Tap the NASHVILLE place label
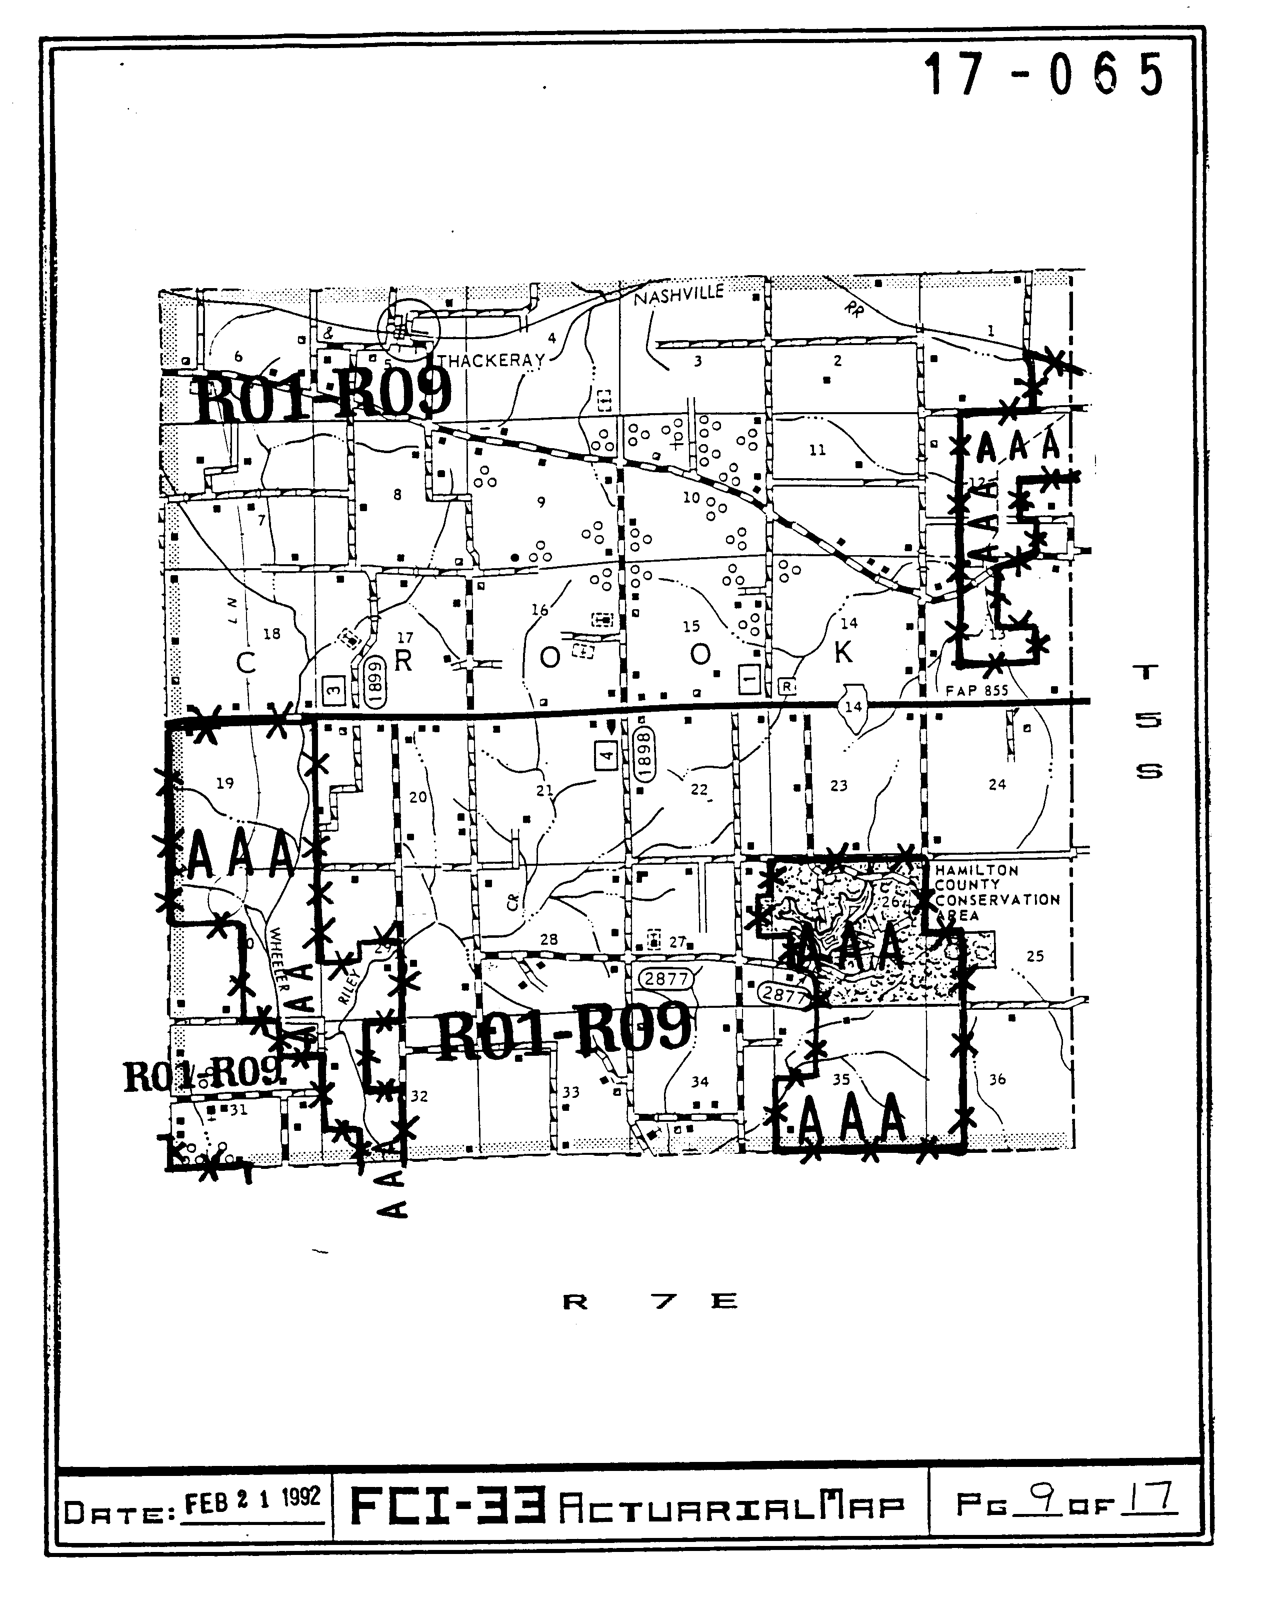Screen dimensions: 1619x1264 678,295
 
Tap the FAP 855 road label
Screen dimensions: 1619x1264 976,690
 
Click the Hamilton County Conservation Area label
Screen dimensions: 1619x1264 996,892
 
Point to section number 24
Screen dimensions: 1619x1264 997,784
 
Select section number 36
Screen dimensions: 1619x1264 997,1079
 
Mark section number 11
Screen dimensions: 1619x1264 817,450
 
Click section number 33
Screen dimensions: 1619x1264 570,1092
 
